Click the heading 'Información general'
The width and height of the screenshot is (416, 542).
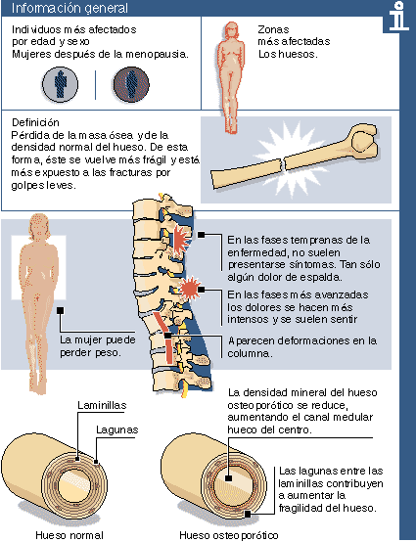(x=69, y=8)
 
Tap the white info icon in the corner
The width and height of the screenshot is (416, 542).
(x=398, y=17)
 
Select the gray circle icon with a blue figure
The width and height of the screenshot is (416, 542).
(x=60, y=84)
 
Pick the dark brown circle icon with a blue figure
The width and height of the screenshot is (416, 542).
(x=131, y=84)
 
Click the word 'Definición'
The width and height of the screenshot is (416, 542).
(x=35, y=122)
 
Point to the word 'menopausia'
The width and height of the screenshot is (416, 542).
(x=157, y=54)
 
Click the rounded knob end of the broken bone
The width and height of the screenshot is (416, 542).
(x=363, y=141)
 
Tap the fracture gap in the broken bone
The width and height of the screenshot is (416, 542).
(x=283, y=163)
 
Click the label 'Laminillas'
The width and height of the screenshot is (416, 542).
(x=102, y=405)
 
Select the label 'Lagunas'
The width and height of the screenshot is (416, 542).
(x=116, y=429)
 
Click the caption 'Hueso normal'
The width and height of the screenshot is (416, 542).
(x=69, y=535)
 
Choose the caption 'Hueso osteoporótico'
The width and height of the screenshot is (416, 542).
(x=229, y=535)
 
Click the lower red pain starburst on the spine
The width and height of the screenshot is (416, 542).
(x=190, y=288)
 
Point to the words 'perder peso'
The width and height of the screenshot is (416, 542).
(x=90, y=352)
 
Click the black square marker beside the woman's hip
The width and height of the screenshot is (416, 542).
(x=60, y=310)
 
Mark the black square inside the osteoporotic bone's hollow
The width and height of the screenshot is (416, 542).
(x=228, y=478)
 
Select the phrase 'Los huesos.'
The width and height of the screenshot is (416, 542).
(x=288, y=54)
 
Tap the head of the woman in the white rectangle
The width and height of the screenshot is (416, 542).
(x=40, y=226)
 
